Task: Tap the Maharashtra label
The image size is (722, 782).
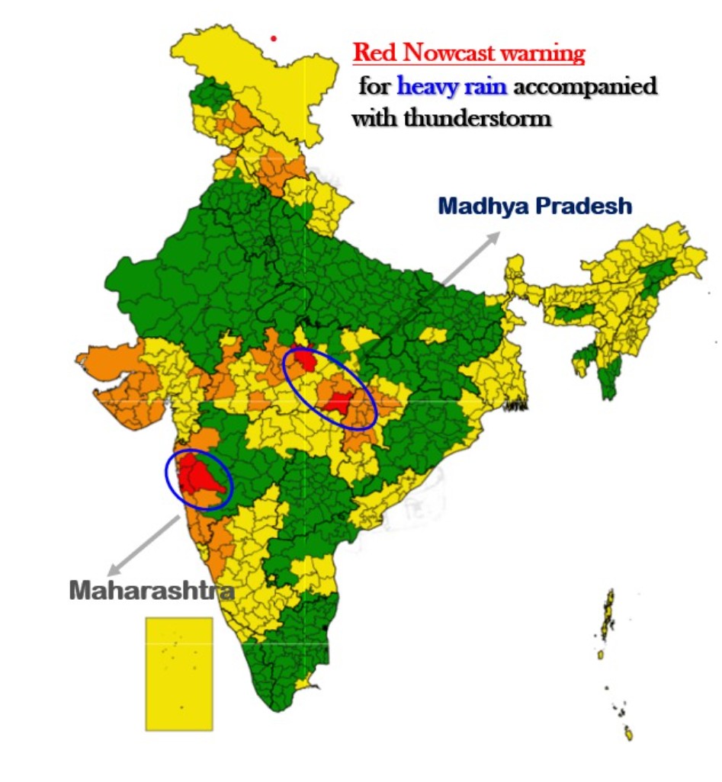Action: [152, 591]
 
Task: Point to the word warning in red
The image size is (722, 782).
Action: [548, 53]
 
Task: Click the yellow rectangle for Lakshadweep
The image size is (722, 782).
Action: [179, 674]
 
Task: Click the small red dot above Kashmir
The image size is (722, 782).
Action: [274, 38]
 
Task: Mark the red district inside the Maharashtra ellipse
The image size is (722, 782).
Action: [200, 476]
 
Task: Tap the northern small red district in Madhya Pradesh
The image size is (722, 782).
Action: [306, 359]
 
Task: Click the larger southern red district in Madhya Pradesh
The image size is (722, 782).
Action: [337, 403]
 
